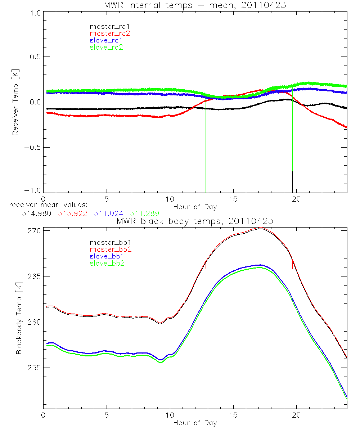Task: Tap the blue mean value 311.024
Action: (109, 213)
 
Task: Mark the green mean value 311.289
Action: (145, 213)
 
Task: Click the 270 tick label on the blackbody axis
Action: (35, 231)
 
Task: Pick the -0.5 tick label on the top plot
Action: (33, 148)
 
